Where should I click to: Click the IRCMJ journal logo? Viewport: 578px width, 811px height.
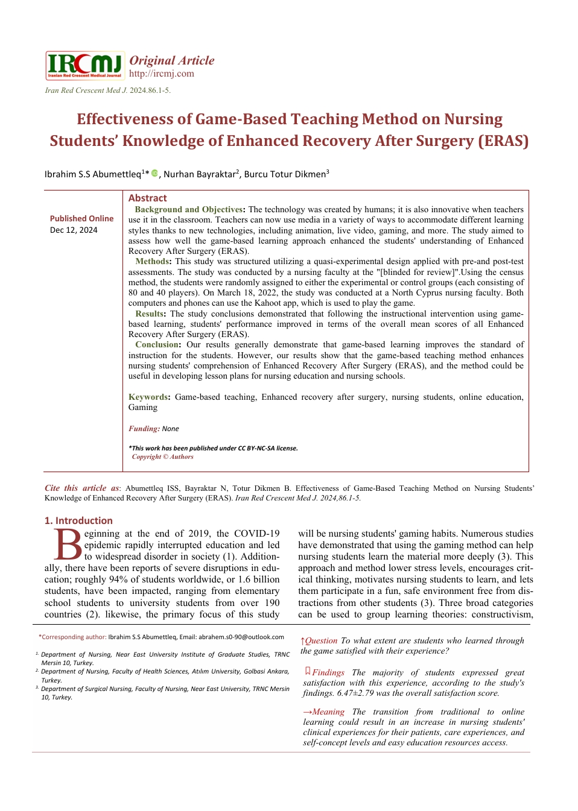[84, 65]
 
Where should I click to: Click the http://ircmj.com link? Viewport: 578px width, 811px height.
[161, 74]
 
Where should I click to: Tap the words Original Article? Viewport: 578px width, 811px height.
[172, 60]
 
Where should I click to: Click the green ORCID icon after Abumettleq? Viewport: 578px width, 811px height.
[154, 173]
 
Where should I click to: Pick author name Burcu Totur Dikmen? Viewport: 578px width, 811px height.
[285, 174]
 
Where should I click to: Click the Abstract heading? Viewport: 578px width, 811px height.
[147, 198]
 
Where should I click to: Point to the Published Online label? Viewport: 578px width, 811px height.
[81, 218]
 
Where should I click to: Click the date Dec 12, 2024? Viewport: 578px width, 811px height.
[74, 230]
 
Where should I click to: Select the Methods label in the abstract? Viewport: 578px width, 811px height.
[152, 261]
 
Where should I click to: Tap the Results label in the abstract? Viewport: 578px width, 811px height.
[150, 314]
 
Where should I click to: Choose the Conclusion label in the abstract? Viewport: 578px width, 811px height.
[157, 344]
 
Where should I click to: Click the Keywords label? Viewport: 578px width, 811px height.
[148, 397]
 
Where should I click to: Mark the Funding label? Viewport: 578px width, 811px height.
[144, 429]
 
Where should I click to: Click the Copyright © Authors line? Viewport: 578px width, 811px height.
[162, 456]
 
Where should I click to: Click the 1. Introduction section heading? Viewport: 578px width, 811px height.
[78, 520]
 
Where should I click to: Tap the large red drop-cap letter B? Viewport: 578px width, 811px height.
[68, 544]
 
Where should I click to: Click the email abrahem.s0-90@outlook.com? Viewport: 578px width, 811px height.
[241, 637]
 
